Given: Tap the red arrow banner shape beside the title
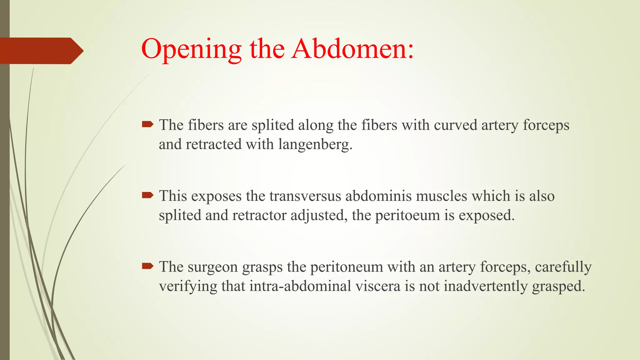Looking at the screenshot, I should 41,51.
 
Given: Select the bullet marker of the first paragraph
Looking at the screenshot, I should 147,125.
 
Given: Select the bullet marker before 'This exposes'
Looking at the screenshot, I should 147,196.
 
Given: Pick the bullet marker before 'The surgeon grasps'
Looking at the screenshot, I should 147,266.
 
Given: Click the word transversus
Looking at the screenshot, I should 305,196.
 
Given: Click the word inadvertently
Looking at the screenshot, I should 486,286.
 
